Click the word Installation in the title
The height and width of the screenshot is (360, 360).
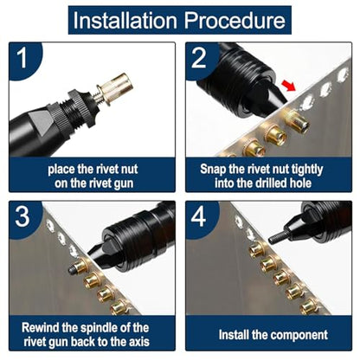coord(125,20)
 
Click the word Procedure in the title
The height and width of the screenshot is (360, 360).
coord(235,20)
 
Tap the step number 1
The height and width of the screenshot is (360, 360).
coord(22,58)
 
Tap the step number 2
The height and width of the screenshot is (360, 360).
coord(199,58)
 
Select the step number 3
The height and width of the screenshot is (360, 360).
coord(22,216)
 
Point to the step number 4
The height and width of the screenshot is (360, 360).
coord(198,216)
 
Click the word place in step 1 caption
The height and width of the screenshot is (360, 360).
coord(61,170)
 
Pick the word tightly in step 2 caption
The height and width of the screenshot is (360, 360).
coord(307,170)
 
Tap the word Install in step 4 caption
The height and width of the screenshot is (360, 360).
coord(234,335)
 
